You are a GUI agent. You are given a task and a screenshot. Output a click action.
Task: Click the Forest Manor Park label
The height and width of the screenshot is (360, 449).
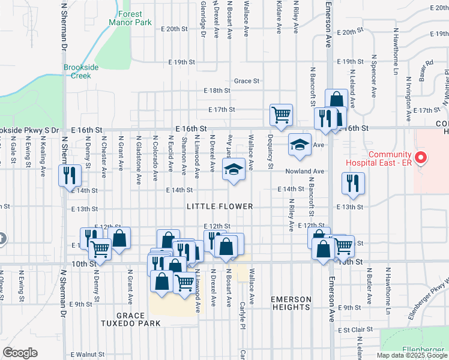[x=125, y=17]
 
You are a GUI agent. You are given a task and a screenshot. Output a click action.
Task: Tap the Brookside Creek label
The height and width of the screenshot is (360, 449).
[x=81, y=71]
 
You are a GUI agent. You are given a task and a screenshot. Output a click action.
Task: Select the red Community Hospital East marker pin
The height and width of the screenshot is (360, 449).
[x=421, y=158]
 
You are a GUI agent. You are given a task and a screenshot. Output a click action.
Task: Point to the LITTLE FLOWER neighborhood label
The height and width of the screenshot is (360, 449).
[x=220, y=206]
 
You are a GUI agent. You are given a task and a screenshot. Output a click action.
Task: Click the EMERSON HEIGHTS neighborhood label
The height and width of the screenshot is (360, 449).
[x=291, y=303]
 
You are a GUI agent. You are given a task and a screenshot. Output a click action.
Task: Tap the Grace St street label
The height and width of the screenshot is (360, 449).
[x=247, y=80]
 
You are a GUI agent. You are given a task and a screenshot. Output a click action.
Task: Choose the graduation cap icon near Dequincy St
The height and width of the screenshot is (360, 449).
[x=300, y=144]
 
